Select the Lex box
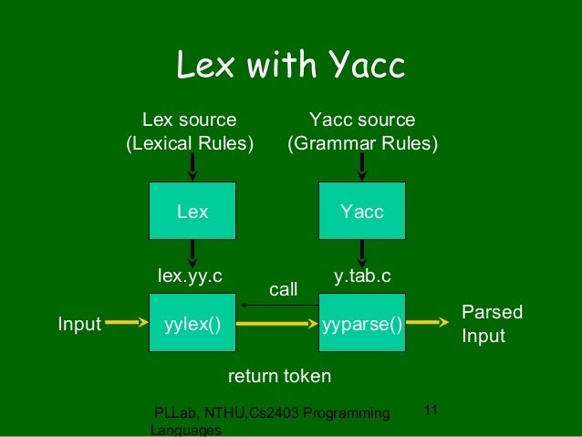[x=192, y=212]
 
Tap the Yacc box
[x=361, y=212]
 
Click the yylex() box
[x=192, y=322]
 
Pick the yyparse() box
[x=361, y=322]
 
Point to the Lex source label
[x=190, y=120]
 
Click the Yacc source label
[x=362, y=120]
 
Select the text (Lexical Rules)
[x=190, y=144]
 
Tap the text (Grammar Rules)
[x=362, y=144]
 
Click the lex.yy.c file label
[x=191, y=275]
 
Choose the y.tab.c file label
[x=363, y=275]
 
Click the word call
[x=284, y=289]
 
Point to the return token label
[x=278, y=376]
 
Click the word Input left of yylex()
[x=79, y=323]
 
